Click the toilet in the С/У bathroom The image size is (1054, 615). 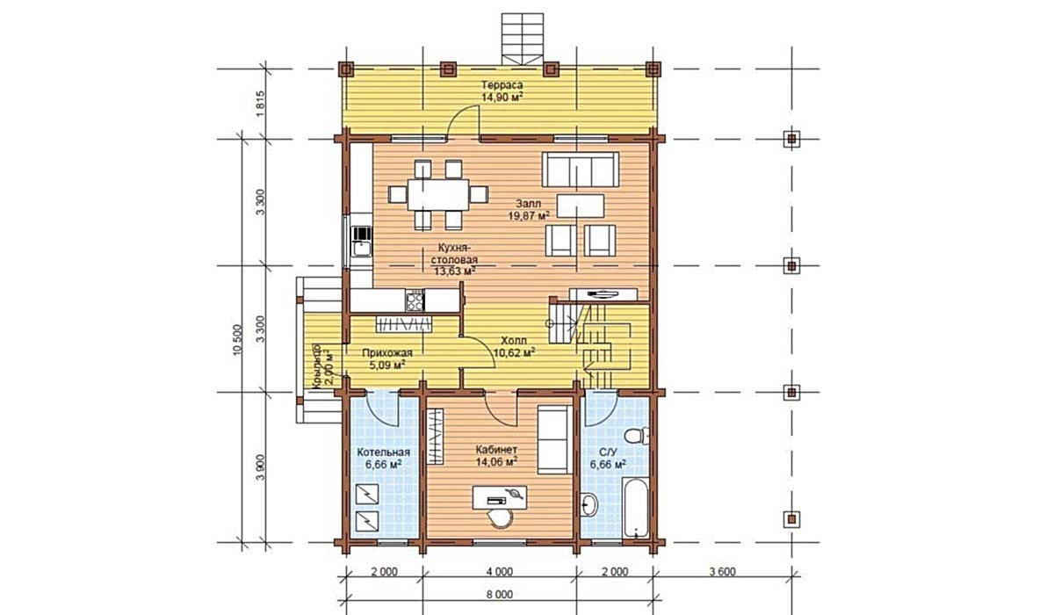point(637,435)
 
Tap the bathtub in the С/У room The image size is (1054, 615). point(636,508)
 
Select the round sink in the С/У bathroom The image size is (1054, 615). point(588,505)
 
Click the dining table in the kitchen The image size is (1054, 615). point(438,194)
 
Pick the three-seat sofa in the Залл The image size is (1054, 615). point(581,170)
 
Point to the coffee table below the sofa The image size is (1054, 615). point(581,206)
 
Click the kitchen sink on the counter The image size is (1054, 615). point(362,248)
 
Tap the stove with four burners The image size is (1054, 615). point(415,301)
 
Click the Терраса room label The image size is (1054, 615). point(502,85)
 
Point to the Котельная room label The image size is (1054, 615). point(384,452)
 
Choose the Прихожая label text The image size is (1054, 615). point(386,353)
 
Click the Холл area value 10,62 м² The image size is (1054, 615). point(515,352)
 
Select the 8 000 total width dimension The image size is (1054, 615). point(499,595)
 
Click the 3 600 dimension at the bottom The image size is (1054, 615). point(722,572)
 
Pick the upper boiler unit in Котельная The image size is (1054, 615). point(367,494)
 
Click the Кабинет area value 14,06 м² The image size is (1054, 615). point(496,461)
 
